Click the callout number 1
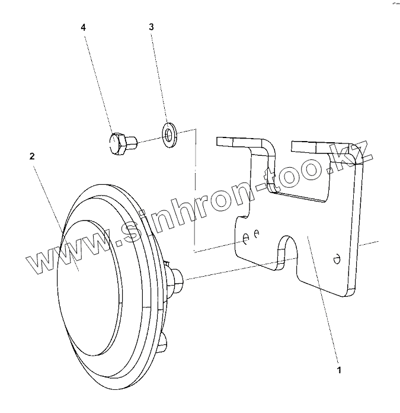point(339,370)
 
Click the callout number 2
point(32,156)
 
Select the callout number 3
point(151,27)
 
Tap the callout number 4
point(84,27)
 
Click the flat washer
point(171,133)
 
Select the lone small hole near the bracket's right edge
point(337,258)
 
